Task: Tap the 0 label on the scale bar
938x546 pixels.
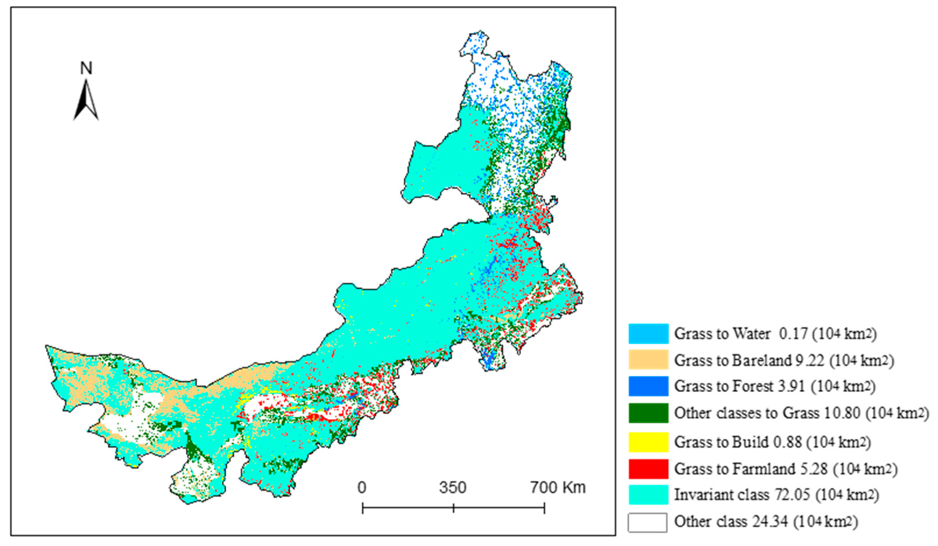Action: [x=362, y=487]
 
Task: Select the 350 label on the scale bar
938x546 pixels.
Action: [x=453, y=487]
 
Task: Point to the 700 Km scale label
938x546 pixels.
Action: [x=557, y=487]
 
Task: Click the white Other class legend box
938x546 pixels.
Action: [x=648, y=522]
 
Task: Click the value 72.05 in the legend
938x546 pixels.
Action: [x=791, y=495]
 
